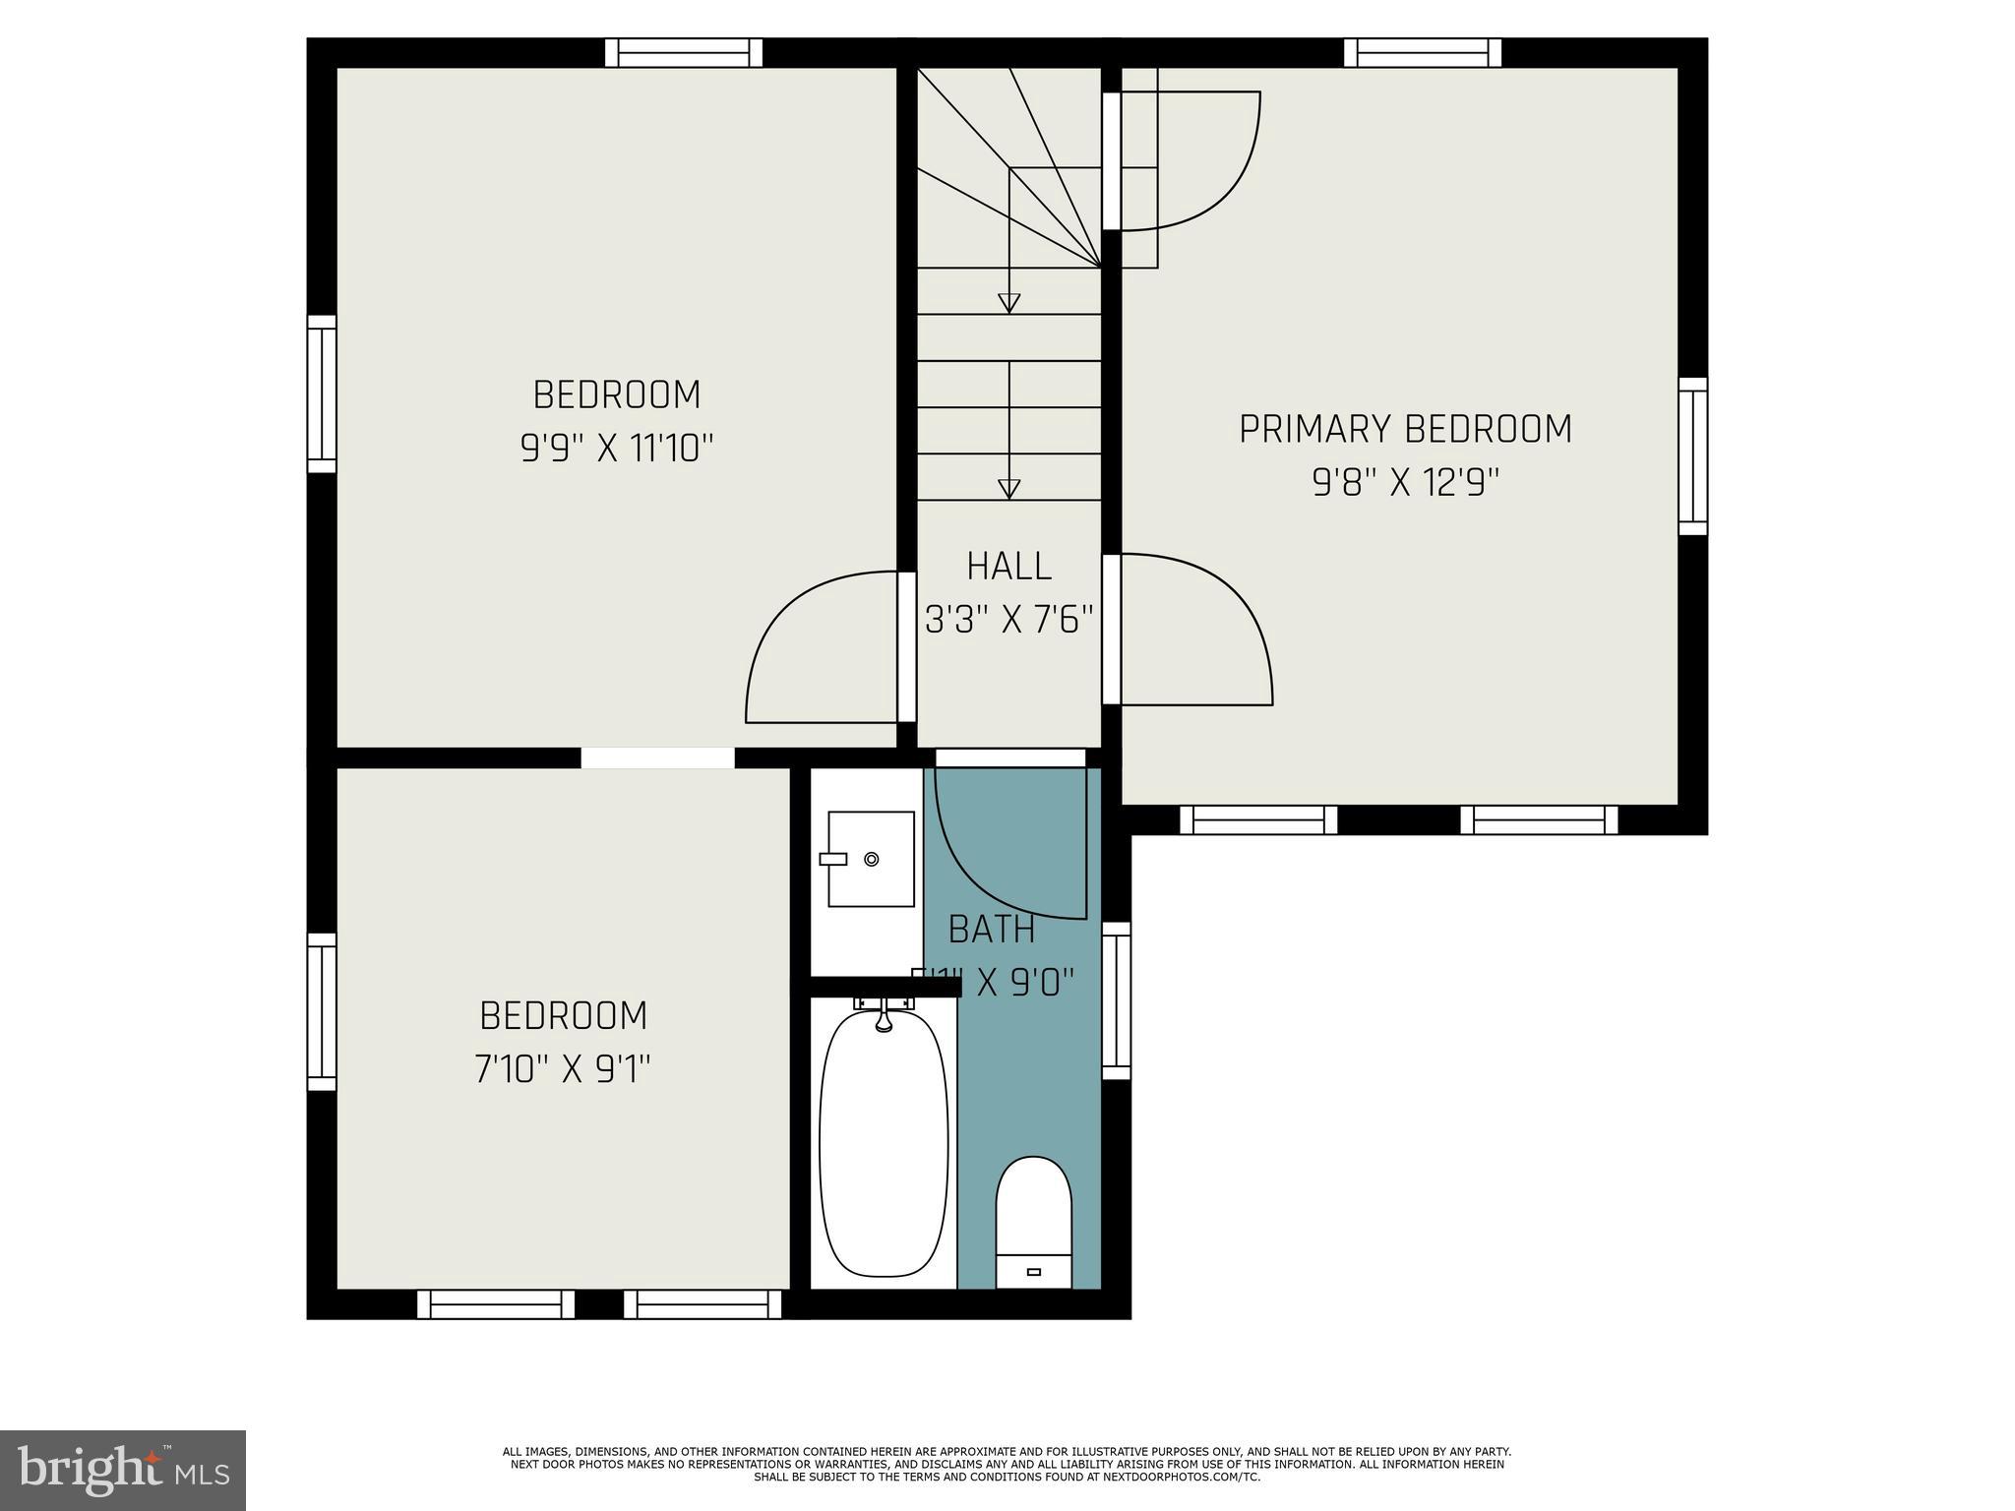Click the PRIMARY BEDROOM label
1405,429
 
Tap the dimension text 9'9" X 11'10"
616,449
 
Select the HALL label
1008,567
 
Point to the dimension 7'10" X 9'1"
563,1068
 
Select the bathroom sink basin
871,859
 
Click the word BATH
991,930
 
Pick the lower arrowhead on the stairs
1008,488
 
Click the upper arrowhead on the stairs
1008,302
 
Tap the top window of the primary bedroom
1422,52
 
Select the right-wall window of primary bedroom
1692,455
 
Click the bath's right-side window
1116,999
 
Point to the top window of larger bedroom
683,52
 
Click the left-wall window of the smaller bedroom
322,1011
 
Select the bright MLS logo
122,1470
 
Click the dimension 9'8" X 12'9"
1405,483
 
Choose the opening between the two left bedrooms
657,757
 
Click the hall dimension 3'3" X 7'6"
1008,620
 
